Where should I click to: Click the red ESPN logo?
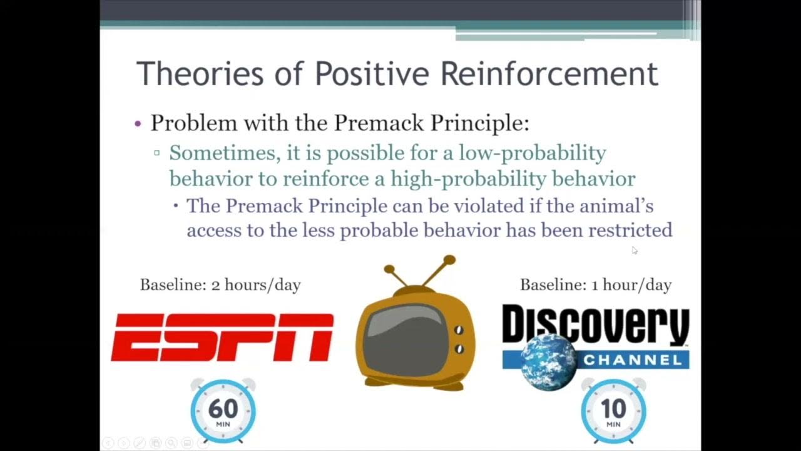pyautogui.click(x=222, y=338)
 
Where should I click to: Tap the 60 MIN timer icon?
pyautogui.click(x=223, y=411)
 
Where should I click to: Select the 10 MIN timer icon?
pyautogui.click(x=613, y=411)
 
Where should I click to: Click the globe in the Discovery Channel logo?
pyautogui.click(x=549, y=363)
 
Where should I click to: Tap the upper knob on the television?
pyautogui.click(x=459, y=330)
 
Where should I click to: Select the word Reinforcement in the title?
pyautogui.click(x=549, y=74)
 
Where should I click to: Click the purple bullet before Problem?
pyautogui.click(x=138, y=123)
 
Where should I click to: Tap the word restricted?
pyautogui.click(x=630, y=231)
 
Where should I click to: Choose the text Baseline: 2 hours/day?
pyautogui.click(x=220, y=285)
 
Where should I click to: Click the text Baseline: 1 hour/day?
pyautogui.click(x=595, y=285)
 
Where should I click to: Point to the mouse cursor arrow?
pyautogui.click(x=634, y=250)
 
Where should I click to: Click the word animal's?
pyautogui.click(x=622, y=205)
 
